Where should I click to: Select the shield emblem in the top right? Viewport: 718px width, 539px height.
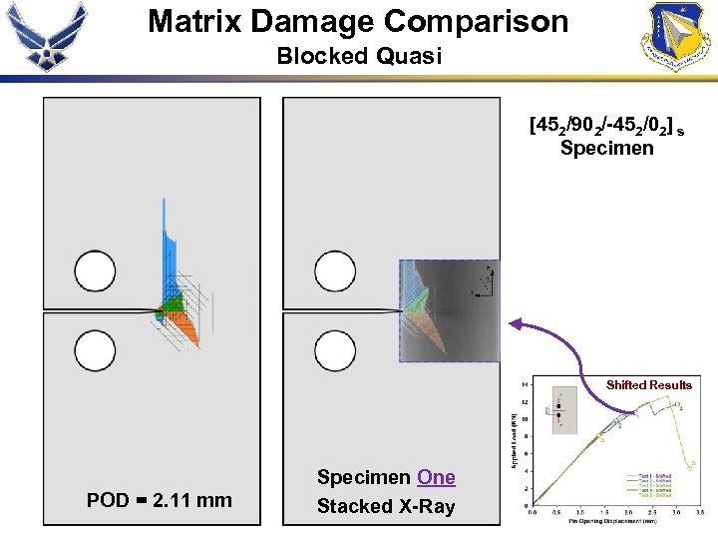pyautogui.click(x=678, y=36)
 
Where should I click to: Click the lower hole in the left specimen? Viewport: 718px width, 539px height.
pyautogui.click(x=95, y=351)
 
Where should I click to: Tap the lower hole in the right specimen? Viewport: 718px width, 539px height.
pyautogui.click(x=334, y=351)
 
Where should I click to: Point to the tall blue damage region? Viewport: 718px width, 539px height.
pyautogui.click(x=168, y=250)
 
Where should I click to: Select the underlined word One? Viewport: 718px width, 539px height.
pyautogui.click(x=436, y=478)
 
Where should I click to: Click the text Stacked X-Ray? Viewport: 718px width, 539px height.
pyautogui.click(x=385, y=506)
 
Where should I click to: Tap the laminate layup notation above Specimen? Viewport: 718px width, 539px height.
pyautogui.click(x=605, y=127)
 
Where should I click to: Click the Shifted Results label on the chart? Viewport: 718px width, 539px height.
pyautogui.click(x=649, y=384)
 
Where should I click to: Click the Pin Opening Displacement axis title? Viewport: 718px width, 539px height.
pyautogui.click(x=614, y=521)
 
